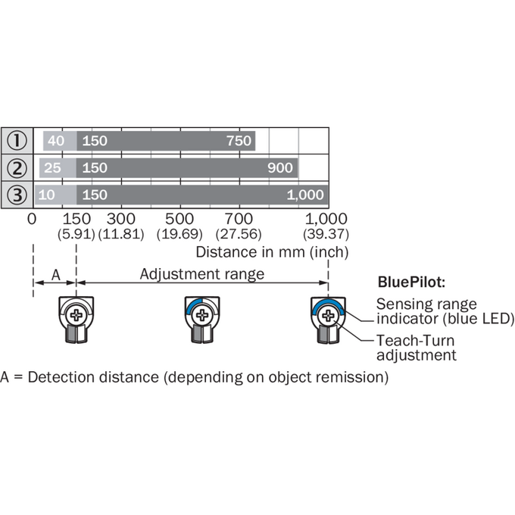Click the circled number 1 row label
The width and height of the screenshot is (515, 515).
tap(17, 141)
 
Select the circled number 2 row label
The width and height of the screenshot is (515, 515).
tap(17, 168)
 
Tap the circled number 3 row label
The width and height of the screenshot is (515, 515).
tap(17, 195)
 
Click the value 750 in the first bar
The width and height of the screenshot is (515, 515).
tap(239, 141)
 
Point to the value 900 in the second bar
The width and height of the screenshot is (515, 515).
tap(279, 168)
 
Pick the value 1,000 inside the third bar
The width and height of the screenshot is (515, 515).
tap(305, 195)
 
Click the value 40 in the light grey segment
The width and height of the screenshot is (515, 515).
tap(56, 141)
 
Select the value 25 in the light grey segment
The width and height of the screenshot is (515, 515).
tap(52, 168)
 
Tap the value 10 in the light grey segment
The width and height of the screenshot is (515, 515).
tap(46, 195)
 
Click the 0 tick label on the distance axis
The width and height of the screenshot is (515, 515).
tap(32, 219)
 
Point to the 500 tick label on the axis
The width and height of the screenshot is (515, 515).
tap(179, 219)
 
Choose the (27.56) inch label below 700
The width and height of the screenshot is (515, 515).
tap(239, 234)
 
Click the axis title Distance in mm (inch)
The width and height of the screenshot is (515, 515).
tap(272, 252)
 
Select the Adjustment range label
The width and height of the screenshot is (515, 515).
tap(202, 274)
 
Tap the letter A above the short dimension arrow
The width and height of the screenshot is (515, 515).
tap(56, 275)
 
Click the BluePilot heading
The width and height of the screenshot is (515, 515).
tap(411, 282)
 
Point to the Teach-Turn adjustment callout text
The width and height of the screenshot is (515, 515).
tap(416, 348)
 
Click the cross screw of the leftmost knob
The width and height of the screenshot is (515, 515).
tap(76, 315)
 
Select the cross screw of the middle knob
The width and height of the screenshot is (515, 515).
tap(202, 315)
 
